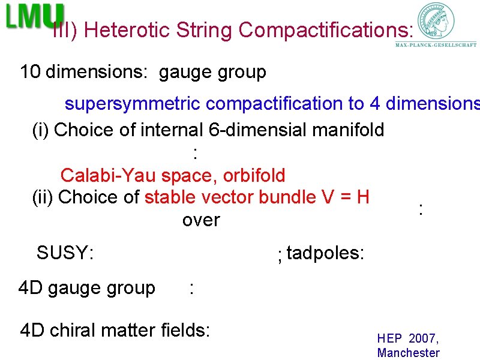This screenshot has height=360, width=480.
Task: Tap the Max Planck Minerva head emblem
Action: tap(436, 20)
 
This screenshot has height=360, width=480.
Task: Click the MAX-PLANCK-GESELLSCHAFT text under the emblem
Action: tap(436, 44)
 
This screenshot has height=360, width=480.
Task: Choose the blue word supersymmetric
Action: tap(133, 104)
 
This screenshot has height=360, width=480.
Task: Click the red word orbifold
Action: tap(254, 175)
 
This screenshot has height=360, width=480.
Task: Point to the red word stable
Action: tap(170, 197)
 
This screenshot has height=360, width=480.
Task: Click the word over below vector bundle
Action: tap(201, 220)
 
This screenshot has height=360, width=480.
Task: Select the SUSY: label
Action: tap(65, 253)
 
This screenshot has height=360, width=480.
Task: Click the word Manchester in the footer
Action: tap(408, 353)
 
